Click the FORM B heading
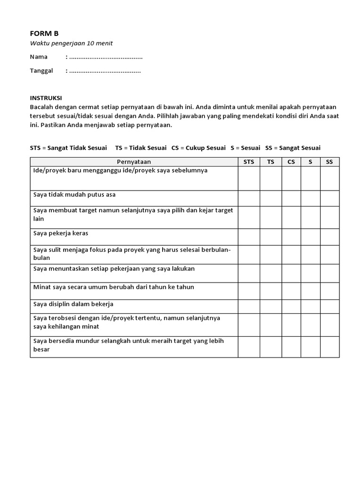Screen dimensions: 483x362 [x=44, y=33]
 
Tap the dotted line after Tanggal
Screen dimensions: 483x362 [x=105, y=71]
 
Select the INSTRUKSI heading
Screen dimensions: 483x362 [x=46, y=98]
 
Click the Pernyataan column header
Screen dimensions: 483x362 [x=134, y=162]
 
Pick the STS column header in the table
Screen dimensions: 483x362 [x=248, y=162]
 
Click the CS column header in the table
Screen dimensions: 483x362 [x=291, y=162]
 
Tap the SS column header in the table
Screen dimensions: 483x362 [x=329, y=162]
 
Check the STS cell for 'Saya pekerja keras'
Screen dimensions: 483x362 [x=248, y=237]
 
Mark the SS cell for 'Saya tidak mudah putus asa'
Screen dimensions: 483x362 [x=329, y=198]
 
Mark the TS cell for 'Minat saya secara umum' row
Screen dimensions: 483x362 [x=271, y=291]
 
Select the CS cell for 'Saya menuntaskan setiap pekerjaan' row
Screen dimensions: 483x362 [x=291, y=273]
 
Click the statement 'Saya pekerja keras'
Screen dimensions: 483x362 [x=61, y=233]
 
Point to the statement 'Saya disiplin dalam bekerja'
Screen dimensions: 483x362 [x=73, y=304]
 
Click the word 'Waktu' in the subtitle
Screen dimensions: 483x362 [x=39, y=44]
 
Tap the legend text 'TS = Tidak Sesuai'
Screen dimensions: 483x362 [x=140, y=148]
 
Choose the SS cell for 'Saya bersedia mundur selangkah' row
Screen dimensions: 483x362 [x=329, y=347]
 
